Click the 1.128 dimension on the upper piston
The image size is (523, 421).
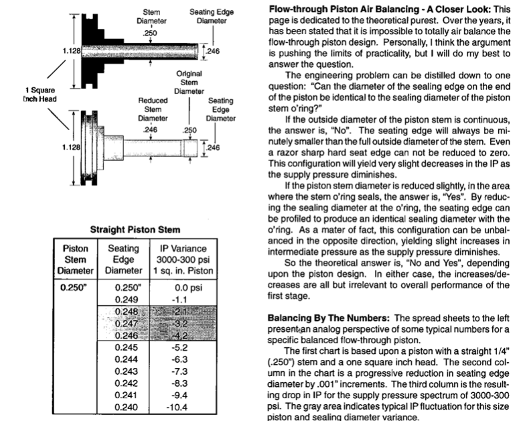pyautogui.click(x=69, y=50)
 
